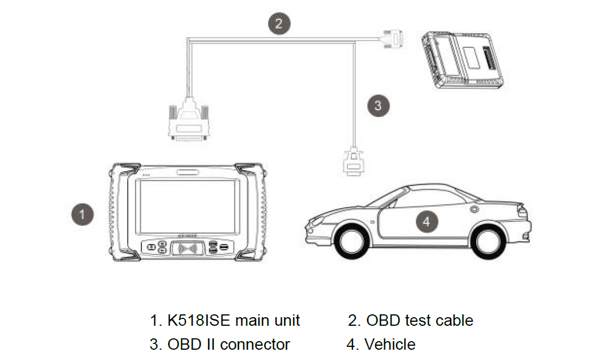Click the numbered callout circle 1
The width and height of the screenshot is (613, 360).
[x=82, y=215]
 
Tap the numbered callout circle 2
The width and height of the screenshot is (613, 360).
[x=279, y=23]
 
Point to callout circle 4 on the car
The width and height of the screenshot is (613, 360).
[x=427, y=221]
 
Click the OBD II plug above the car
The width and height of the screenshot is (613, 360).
[x=354, y=161]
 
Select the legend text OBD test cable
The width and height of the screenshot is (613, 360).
[x=419, y=320]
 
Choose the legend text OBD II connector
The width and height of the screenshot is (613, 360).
[x=228, y=344]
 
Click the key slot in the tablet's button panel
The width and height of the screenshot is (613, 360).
[x=186, y=249]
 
